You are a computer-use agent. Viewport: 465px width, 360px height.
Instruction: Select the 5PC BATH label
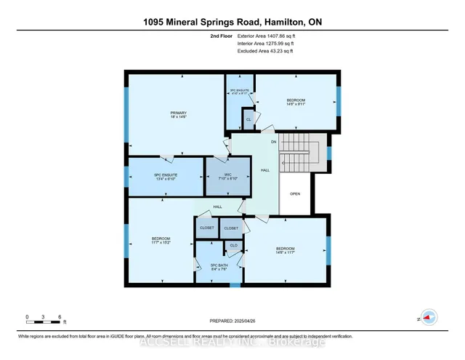[x=219, y=267]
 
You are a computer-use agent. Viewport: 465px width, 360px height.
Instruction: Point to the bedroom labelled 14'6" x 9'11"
[x=296, y=102]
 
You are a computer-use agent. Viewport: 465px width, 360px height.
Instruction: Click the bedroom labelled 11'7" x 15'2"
[x=161, y=241]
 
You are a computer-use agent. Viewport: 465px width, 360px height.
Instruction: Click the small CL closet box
[x=248, y=119]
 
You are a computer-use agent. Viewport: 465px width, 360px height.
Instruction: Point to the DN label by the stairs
[x=274, y=141]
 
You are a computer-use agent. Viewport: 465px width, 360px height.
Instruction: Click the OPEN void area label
[x=294, y=194]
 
